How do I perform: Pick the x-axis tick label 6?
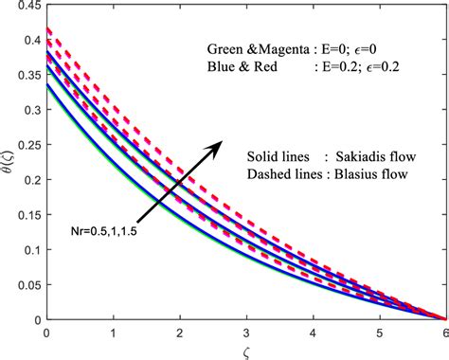click(445, 333)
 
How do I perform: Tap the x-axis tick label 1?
click(113, 333)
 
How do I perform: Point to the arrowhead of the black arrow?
click(222, 139)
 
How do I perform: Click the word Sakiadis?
click(354, 155)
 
